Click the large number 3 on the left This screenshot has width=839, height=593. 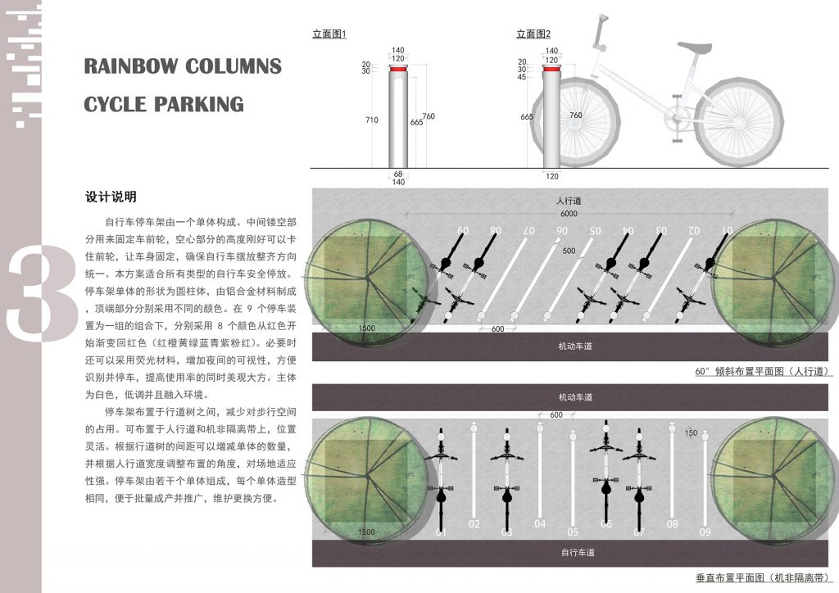click(41, 295)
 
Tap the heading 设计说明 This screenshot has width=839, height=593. click(111, 197)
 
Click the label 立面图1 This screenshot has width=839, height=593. click(330, 34)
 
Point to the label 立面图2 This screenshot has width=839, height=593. click(533, 34)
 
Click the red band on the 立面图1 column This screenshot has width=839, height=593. click(399, 71)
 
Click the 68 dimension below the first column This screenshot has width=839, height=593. click(399, 173)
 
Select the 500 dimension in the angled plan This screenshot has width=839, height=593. click(569, 250)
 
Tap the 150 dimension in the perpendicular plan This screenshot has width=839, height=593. click(691, 432)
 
